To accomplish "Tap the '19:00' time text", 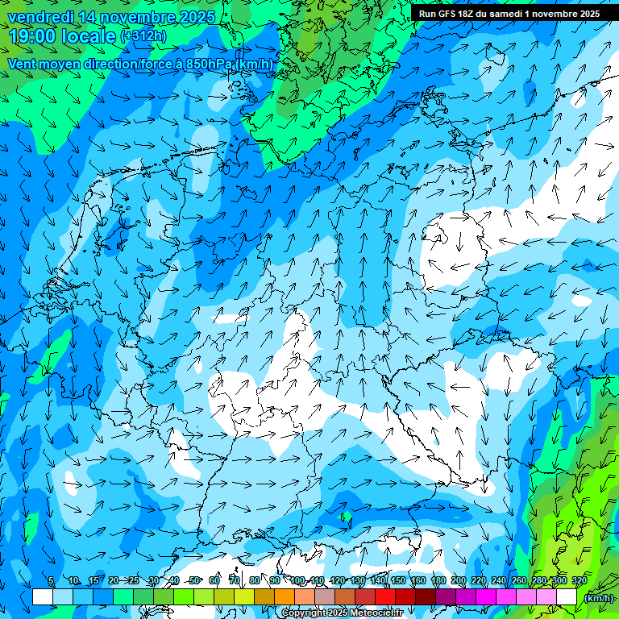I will click(32, 36).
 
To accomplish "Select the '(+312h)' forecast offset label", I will click(143, 36).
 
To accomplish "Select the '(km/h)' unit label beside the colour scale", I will click(599, 598).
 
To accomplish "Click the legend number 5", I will click(51, 580).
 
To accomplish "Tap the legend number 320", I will click(579, 580).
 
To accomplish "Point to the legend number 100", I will click(297, 580).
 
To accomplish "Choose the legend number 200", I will click(458, 580).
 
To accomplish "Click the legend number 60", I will click(214, 580).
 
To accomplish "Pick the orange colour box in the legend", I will click(285, 597).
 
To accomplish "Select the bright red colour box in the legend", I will click(385, 597).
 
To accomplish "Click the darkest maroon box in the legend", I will click(426, 597).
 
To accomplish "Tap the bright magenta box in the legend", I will click(486, 597).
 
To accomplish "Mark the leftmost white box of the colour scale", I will click(43, 597).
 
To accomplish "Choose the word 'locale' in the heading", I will click(88, 36).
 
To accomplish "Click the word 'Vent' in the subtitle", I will click(23, 64).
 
